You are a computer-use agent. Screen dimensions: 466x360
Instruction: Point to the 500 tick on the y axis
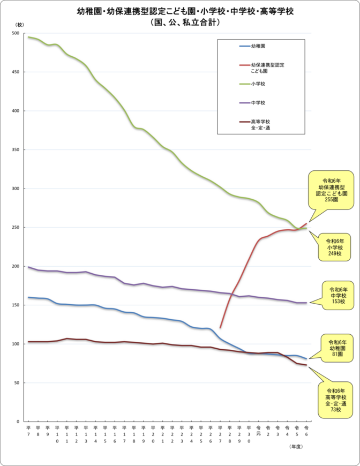tap(16, 33)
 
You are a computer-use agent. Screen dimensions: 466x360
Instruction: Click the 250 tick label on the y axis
tap(16, 228)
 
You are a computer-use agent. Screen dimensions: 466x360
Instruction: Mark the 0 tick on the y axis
tap(18, 422)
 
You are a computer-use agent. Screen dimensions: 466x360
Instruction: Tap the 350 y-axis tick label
tap(16, 150)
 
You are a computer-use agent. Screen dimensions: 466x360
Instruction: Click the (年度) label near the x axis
tap(296, 446)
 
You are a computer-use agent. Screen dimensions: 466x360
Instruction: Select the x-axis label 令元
tap(258, 431)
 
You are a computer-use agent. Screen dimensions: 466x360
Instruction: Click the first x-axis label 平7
tap(28, 431)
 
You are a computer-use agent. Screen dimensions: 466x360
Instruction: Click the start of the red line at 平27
tap(220, 327)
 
